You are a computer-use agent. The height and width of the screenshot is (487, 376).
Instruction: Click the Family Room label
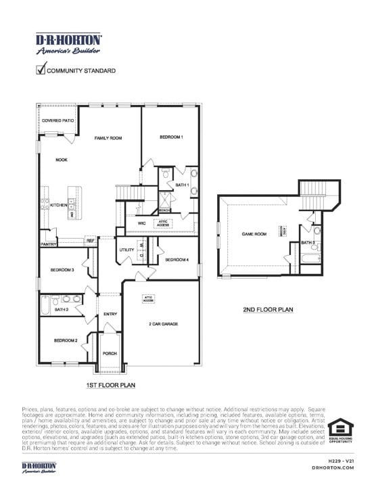click(108, 138)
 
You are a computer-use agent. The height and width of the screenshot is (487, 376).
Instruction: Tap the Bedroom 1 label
click(171, 137)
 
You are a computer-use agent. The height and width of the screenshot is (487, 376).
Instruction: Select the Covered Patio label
click(57, 120)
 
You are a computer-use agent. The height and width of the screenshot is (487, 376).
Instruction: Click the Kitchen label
click(59, 205)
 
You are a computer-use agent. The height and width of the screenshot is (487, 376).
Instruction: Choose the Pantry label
click(48, 244)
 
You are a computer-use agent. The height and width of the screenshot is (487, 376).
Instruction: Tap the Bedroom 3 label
click(62, 271)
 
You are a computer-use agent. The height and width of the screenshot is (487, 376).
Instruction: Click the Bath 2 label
click(62, 310)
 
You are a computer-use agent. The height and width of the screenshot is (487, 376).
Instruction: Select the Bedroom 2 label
click(66, 340)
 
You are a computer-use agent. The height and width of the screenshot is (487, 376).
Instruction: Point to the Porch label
click(110, 354)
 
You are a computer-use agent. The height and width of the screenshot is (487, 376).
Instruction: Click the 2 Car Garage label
click(163, 325)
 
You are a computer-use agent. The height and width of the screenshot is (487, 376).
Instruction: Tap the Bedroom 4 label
click(177, 260)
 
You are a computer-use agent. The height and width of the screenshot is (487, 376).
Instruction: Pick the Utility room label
click(126, 250)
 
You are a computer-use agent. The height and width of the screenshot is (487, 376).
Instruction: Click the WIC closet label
click(142, 223)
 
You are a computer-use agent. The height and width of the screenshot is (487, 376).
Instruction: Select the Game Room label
click(254, 234)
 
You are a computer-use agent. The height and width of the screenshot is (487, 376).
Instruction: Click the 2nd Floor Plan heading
click(268, 310)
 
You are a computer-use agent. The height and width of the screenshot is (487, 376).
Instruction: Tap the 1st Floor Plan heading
click(111, 386)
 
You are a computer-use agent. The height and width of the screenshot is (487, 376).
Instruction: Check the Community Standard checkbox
click(41, 68)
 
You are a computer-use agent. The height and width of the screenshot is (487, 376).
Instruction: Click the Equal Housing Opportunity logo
click(340, 433)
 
